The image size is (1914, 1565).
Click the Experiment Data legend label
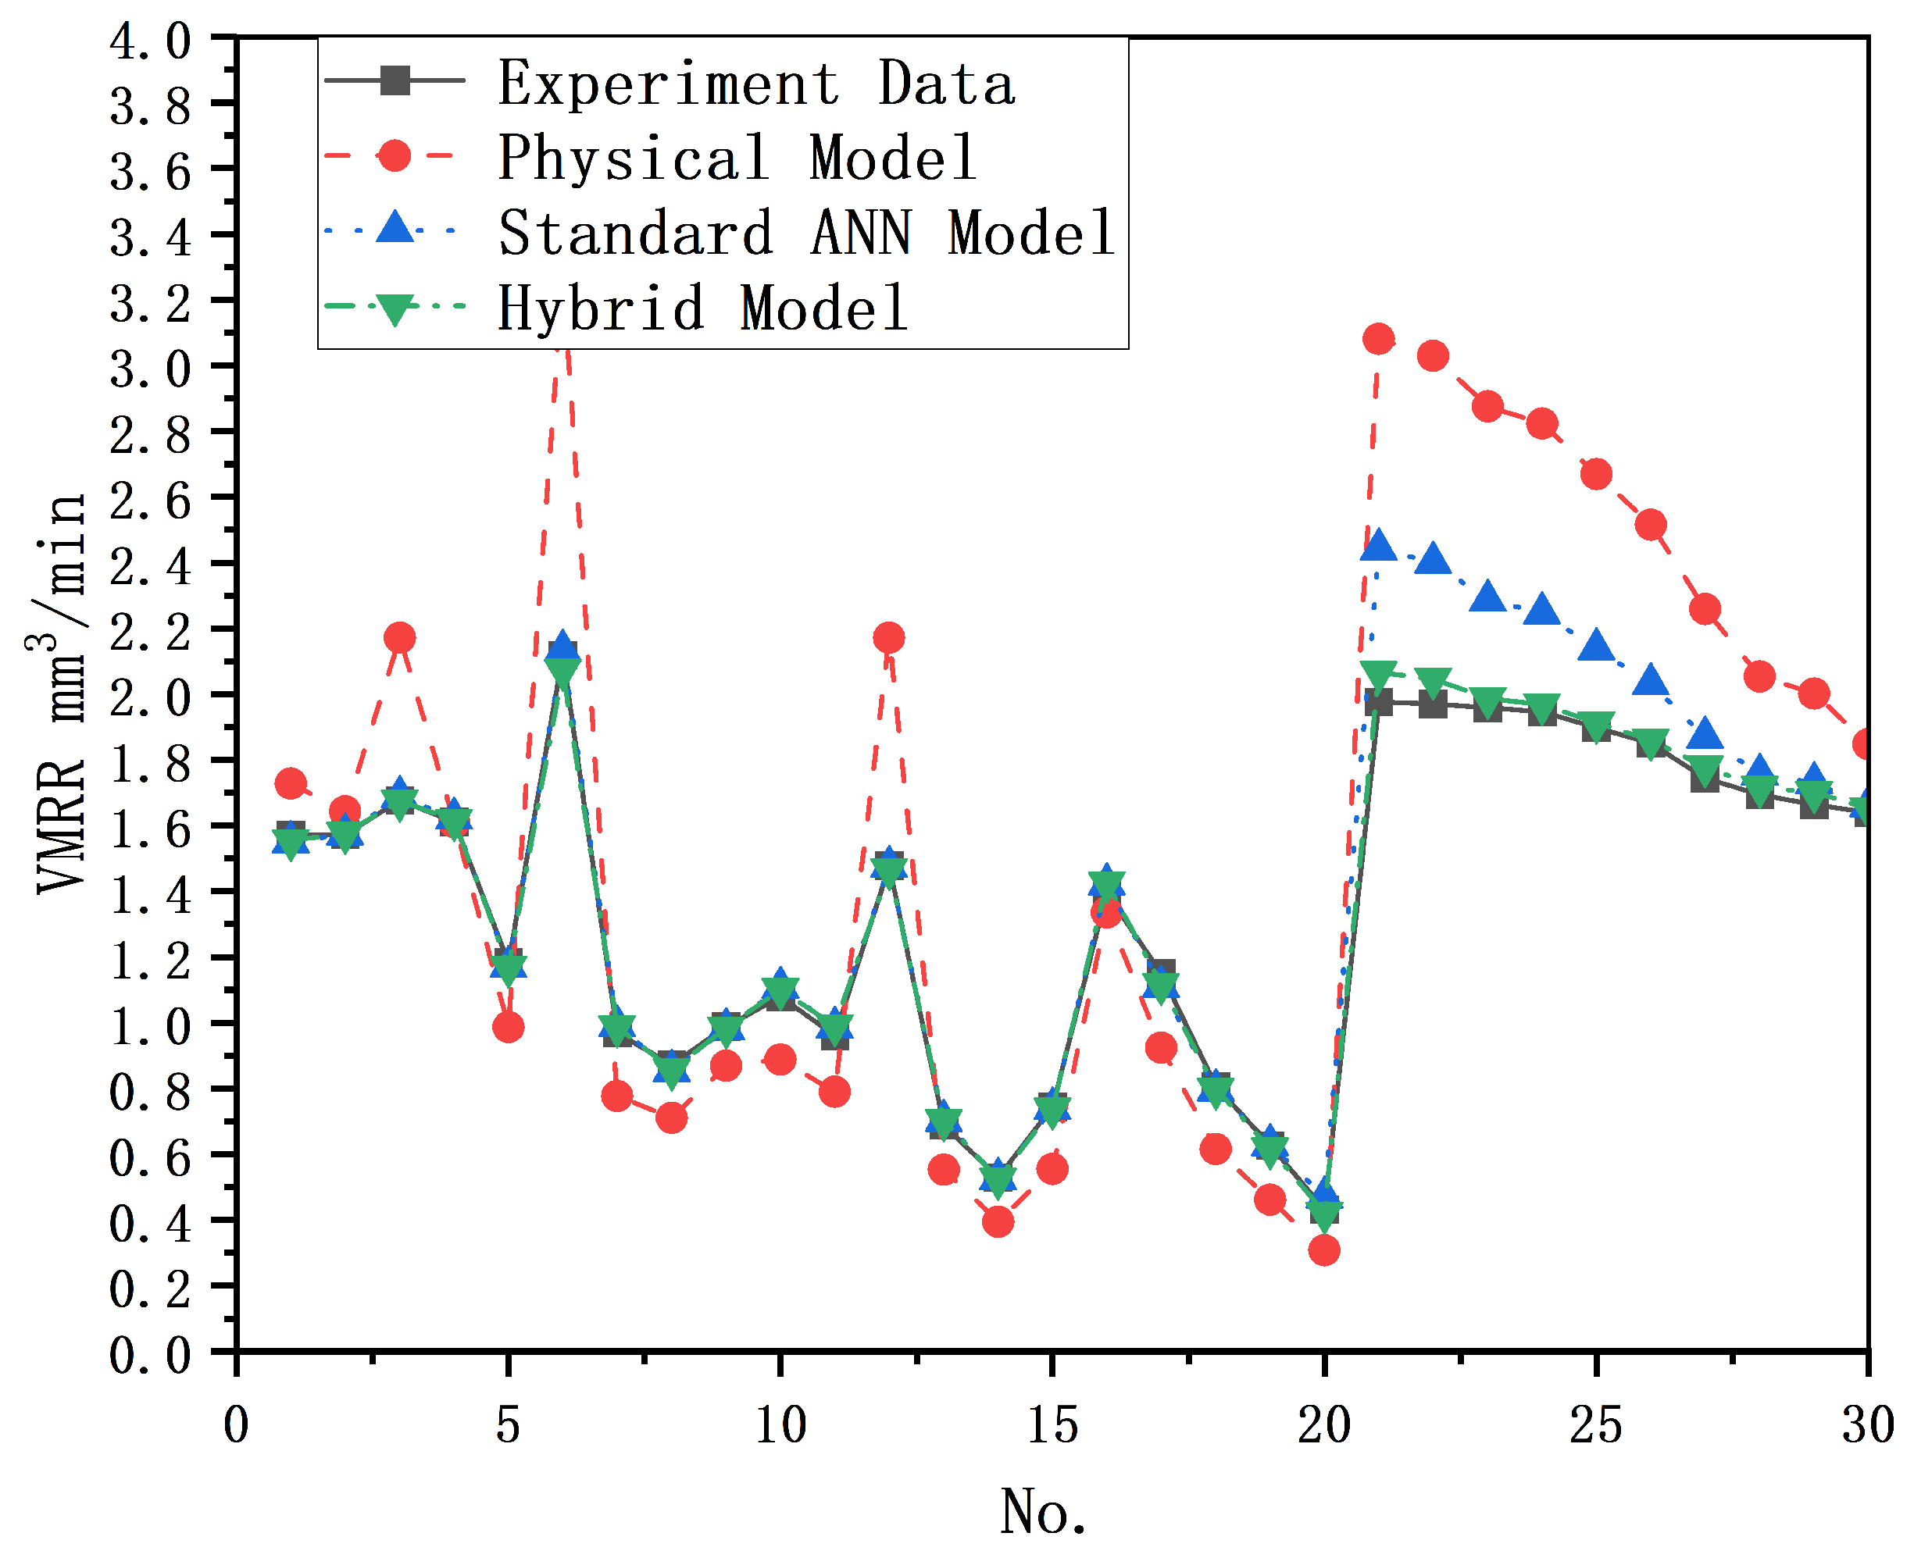(756, 83)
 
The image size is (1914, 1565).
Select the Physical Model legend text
(737, 158)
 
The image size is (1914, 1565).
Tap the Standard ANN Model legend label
(806, 233)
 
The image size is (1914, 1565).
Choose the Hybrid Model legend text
(702, 308)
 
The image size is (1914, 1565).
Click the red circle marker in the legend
(395, 155)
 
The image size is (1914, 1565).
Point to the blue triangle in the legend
(395, 227)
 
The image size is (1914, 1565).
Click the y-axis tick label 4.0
(151, 41)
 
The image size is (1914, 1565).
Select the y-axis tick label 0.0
(151, 1354)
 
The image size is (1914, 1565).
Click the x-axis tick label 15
(1052, 1426)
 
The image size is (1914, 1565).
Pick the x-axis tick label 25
(1595, 1426)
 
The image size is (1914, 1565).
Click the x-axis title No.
(1044, 1512)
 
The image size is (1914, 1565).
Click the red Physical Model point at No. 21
(1378, 339)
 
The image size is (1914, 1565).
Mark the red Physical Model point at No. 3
(399, 637)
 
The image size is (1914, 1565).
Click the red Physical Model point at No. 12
(889, 637)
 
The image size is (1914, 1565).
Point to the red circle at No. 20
(1324, 1250)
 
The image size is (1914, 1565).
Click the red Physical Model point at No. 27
(1705, 609)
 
